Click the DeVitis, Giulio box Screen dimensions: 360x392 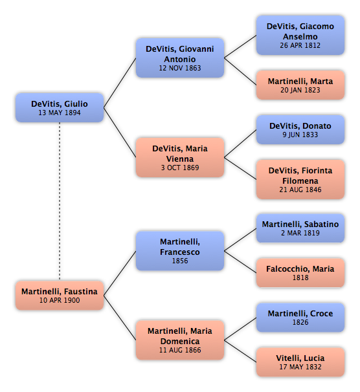(x=60, y=108)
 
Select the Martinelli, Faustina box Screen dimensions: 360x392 (x=60, y=295)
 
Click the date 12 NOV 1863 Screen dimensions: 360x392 (x=180, y=68)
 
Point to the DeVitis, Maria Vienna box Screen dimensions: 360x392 (x=180, y=157)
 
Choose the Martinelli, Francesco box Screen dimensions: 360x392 (x=180, y=251)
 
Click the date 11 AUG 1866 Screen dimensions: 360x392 (x=180, y=350)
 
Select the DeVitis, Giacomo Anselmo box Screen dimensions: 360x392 (x=300, y=35)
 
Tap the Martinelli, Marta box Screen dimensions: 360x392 (x=300, y=85)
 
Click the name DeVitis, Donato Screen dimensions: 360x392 (x=300, y=125)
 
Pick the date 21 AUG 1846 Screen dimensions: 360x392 (x=300, y=190)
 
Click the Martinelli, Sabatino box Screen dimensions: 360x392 (x=300, y=228)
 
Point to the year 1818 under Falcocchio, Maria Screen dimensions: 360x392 (x=300, y=278)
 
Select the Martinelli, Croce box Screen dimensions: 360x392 (x=300, y=318)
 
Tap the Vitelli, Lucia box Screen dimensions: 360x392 (x=300, y=362)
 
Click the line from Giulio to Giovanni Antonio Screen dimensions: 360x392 (x=120, y=83)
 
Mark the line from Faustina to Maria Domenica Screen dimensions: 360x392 (x=120, y=318)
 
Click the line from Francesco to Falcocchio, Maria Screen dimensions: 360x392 (x=240, y=262)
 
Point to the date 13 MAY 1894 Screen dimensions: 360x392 (x=60, y=113)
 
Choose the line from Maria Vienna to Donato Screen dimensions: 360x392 (x=240, y=144)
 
